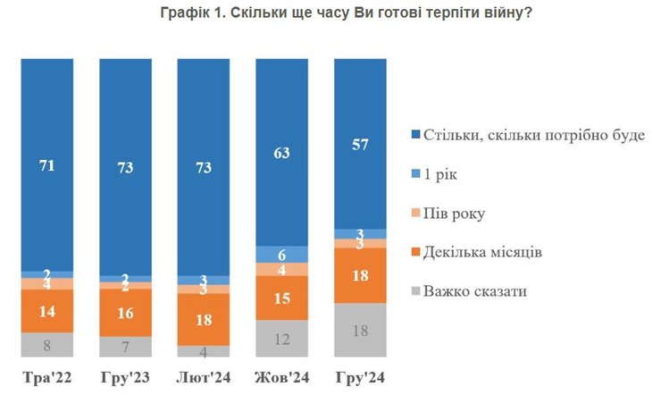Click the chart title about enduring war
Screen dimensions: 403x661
click(330, 13)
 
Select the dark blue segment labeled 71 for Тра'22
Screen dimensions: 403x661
click(47, 164)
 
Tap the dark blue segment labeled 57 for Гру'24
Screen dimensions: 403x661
click(360, 144)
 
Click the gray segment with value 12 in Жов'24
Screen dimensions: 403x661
click(282, 340)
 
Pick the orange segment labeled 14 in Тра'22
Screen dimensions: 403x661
click(47, 312)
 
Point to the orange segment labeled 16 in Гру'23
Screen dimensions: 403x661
click(126, 313)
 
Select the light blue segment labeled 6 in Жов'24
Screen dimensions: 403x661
click(282, 254)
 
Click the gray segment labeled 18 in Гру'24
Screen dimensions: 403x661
click(360, 331)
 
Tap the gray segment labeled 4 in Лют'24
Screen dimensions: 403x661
click(205, 351)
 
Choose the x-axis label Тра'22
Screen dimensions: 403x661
click(47, 378)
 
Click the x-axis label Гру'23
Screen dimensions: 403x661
click(126, 378)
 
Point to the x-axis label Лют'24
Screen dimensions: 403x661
click(205, 378)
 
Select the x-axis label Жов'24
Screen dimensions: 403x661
click(282, 378)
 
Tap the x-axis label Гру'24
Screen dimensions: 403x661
click(360, 378)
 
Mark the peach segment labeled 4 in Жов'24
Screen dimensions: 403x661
click(282, 269)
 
